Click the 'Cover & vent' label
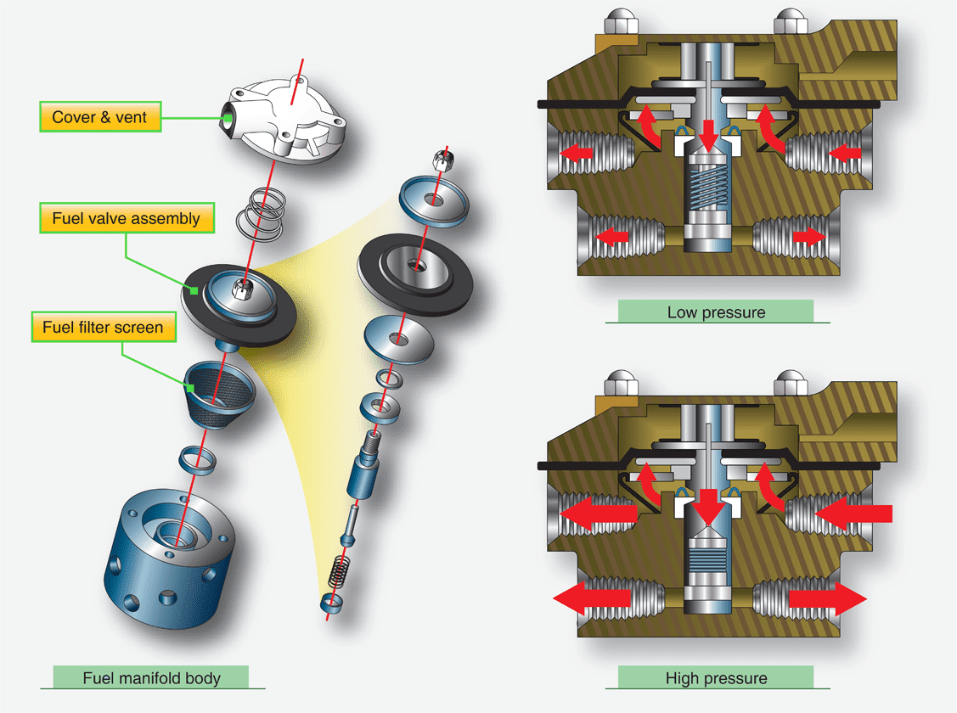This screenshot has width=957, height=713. [99, 117]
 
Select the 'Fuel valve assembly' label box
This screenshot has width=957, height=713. [126, 218]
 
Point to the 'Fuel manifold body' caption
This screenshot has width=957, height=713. [151, 677]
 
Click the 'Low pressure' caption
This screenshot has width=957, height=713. [715, 312]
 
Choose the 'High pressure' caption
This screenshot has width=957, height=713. [715, 677]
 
